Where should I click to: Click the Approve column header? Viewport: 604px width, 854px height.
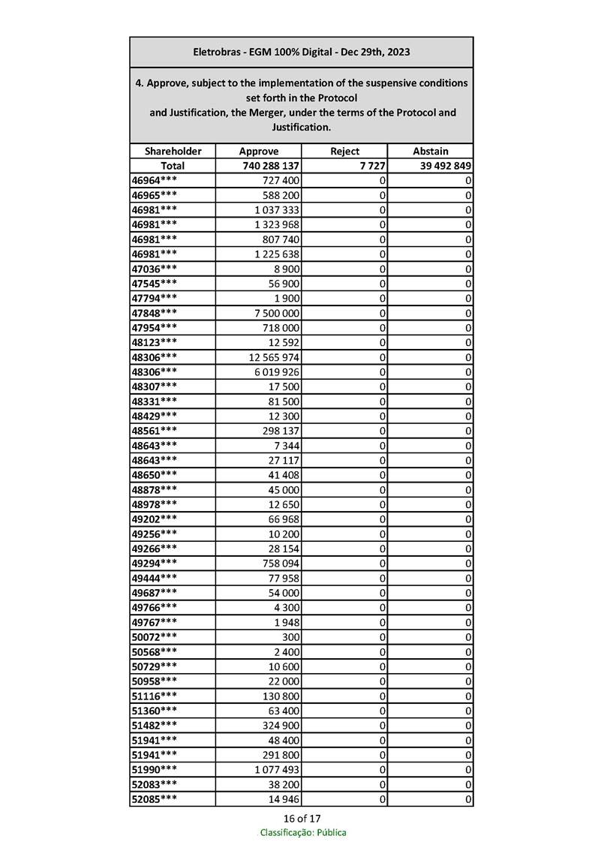(x=258, y=151)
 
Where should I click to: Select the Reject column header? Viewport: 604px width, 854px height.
(x=344, y=151)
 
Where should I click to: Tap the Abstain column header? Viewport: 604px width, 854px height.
(x=430, y=151)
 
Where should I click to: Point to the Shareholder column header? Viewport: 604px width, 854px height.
(x=173, y=151)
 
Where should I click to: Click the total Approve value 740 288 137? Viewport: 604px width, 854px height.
(x=272, y=166)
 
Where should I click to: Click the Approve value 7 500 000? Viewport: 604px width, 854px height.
(x=277, y=313)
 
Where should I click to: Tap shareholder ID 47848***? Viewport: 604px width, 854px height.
(x=155, y=313)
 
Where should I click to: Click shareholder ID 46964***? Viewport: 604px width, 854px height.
(x=155, y=181)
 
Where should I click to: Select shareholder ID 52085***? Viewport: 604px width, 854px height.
(x=155, y=800)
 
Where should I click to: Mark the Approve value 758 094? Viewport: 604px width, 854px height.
(x=281, y=564)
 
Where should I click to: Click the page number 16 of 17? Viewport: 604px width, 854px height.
(x=302, y=818)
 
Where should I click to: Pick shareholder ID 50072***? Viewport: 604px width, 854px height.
(x=155, y=637)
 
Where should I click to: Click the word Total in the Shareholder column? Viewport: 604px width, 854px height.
(x=173, y=166)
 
